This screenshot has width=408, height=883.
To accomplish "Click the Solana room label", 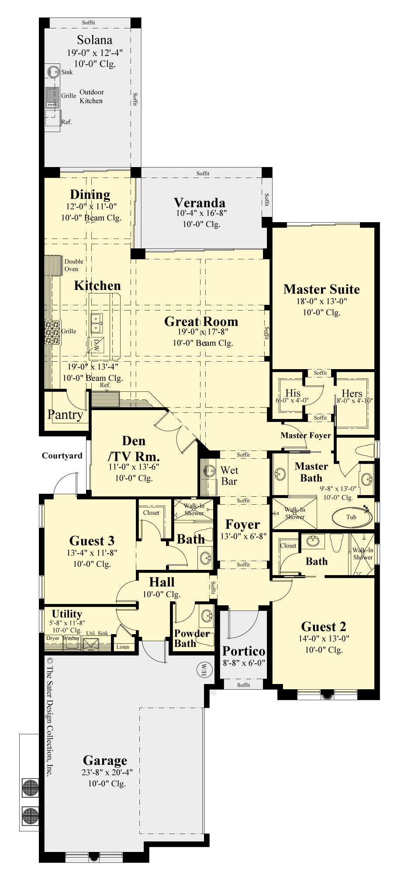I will click(94, 40).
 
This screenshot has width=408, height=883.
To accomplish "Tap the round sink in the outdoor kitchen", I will click(53, 71).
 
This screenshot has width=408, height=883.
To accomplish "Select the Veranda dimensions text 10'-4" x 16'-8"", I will click(201, 213).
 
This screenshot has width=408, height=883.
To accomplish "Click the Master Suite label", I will click(322, 289).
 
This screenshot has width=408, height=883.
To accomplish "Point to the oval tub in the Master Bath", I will click(352, 517).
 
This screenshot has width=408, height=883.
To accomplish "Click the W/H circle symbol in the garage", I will click(204, 669).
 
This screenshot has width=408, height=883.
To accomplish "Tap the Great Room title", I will click(201, 321).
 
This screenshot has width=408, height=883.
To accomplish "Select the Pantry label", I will click(65, 414).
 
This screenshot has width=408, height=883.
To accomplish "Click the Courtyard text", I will click(62, 456).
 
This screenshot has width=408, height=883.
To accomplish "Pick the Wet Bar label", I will click(229, 476).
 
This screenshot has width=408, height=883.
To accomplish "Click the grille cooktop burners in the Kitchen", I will click(52, 332).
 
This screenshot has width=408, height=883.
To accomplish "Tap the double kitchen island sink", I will click(97, 323).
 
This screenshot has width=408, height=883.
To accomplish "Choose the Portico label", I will click(244, 651).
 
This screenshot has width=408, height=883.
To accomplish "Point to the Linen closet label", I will click(123, 647).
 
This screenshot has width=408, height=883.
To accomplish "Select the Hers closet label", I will click(352, 393).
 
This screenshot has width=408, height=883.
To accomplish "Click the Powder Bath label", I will click(192, 639).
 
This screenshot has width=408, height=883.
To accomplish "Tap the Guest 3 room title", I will click(92, 541).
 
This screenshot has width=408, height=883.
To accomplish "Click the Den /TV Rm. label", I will click(134, 448).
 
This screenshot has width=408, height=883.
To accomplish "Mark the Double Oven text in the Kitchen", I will click(73, 265).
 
